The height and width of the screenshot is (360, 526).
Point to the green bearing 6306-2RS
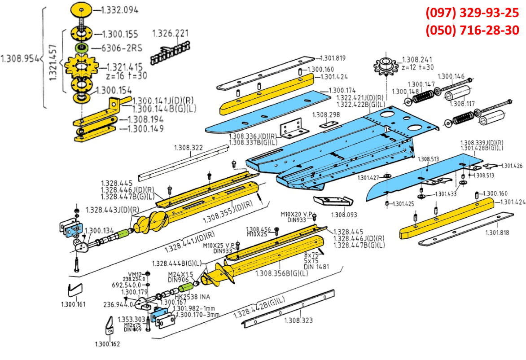(81, 47)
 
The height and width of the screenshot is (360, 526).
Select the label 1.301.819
(332, 58)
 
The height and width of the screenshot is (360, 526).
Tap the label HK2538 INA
(193, 297)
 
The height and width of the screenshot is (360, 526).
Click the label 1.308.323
(298, 320)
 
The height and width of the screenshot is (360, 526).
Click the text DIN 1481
(317, 266)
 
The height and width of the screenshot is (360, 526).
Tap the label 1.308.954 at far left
(19, 59)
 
